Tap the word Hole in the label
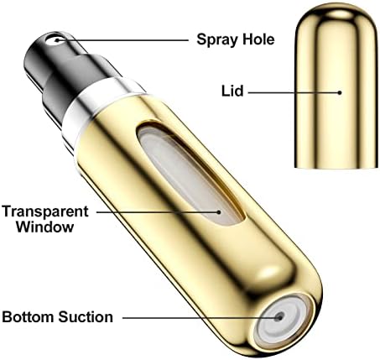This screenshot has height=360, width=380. (258, 39)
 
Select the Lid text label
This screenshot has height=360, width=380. (232, 91)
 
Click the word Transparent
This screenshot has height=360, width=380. (45, 211)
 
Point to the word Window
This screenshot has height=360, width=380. (45, 227)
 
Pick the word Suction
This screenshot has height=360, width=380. (86, 317)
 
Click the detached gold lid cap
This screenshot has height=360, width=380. (336, 86)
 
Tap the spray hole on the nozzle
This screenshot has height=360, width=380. (57, 39)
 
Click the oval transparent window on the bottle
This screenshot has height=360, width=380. (190, 175)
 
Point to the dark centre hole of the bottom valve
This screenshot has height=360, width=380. (279, 316)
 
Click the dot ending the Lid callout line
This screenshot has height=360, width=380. (340, 92)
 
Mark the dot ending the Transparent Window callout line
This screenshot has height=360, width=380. (219, 212)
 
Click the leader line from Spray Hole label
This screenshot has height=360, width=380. (123, 40)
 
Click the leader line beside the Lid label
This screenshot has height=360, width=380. (293, 92)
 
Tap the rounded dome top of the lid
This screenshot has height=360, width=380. (336, 15)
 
